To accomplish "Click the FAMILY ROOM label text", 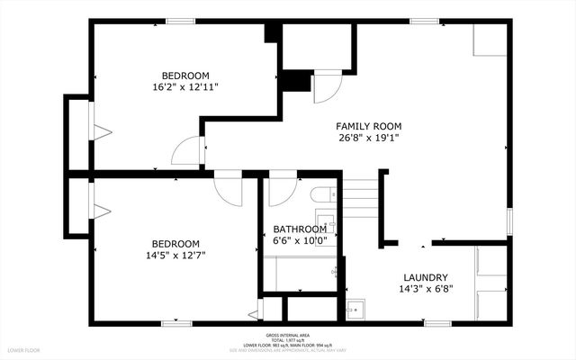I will coord(368,126).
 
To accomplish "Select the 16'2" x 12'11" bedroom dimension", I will coord(185,87).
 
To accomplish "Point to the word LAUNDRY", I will coord(426,277).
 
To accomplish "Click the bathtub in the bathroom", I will coord(301,271).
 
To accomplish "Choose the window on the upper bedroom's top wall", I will coord(181,21).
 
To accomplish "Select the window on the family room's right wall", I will coord(509,220).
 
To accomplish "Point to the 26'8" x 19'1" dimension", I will coord(368,139).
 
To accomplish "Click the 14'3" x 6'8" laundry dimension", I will coord(427,290).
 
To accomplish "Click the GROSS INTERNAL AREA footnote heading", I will coord(288,333).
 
